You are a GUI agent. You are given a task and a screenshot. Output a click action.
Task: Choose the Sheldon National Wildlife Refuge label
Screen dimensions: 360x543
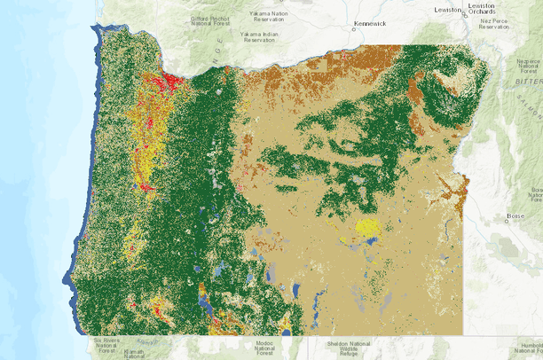[x=335, y=348]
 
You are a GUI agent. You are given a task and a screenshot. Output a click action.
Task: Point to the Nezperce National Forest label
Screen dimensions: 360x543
[x=531, y=67]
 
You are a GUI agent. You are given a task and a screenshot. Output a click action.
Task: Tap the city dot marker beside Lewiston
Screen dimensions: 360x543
[x=463, y=12]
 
